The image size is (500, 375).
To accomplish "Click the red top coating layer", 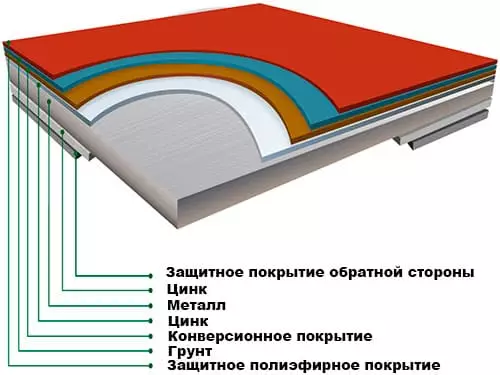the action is [x=300, y=50].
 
